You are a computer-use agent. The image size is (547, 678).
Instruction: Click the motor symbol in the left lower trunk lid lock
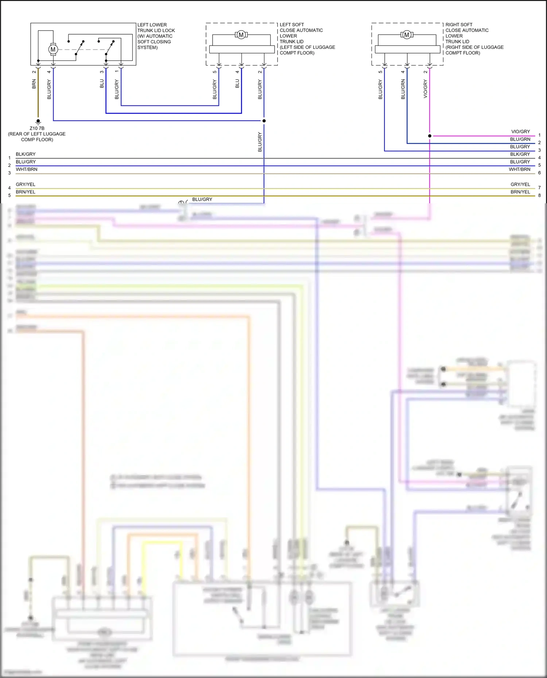coord(53,49)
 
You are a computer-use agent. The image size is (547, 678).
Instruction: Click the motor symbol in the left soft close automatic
coord(241,35)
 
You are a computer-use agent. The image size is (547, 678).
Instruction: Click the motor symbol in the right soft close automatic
coord(407,35)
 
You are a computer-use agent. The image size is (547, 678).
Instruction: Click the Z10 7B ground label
coord(37,128)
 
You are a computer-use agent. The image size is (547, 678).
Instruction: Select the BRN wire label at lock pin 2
coord(34,85)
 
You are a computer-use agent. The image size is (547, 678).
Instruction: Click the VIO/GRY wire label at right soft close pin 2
coord(425,89)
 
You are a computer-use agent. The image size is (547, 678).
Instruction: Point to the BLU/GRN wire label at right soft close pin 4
coord(403,89)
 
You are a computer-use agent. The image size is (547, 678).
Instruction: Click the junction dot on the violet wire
coord(430,136)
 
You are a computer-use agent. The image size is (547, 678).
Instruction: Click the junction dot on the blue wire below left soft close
coord(264,121)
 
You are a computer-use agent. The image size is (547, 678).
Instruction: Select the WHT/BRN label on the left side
coord(26,169)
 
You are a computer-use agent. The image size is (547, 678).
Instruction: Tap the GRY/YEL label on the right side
coord(520,184)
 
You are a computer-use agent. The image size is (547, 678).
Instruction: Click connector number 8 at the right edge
coord(539,196)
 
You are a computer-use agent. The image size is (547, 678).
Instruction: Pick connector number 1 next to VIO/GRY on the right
coord(539,135)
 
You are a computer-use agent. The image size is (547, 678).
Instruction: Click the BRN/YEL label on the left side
coord(26,192)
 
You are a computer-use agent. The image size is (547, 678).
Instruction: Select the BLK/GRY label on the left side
coord(26,154)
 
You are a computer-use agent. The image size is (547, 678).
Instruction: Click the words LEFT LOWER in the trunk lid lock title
coord(152,25)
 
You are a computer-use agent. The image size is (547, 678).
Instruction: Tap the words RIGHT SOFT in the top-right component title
coord(458,25)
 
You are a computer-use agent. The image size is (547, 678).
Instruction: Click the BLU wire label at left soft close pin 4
coord(237,84)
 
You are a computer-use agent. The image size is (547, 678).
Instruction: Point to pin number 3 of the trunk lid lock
coord(102,71)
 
